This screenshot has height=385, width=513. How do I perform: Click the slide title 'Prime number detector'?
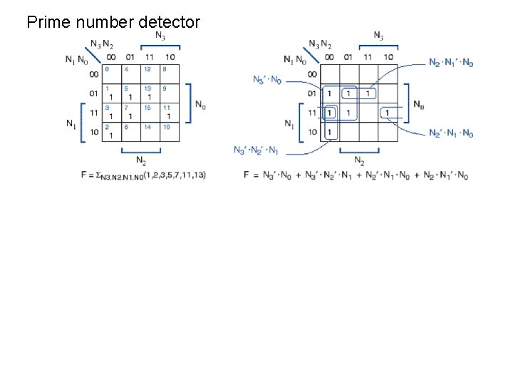pos(113,22)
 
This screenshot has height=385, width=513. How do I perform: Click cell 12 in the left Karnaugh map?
pos(150,73)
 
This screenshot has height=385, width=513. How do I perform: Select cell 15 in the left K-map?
pos(150,112)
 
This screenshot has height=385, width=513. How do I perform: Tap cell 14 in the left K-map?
pos(150,131)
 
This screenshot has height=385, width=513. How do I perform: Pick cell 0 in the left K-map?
pos(111,73)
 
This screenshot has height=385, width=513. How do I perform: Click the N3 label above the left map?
pos(161,36)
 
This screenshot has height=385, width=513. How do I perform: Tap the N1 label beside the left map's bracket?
pos(71,123)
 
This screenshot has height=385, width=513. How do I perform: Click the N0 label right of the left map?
pos(202,104)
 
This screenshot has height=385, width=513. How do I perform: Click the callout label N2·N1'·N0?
pos(451,63)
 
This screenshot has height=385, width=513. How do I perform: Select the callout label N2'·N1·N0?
pos(451,133)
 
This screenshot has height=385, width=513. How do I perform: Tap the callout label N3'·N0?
pos(267,79)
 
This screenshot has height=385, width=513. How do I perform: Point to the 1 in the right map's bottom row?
pos(329,132)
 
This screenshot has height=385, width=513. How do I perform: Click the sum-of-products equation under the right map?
pos(356,175)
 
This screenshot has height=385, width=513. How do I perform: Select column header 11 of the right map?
pos(368,57)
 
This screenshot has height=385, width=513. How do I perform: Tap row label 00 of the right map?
pos(312,74)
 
